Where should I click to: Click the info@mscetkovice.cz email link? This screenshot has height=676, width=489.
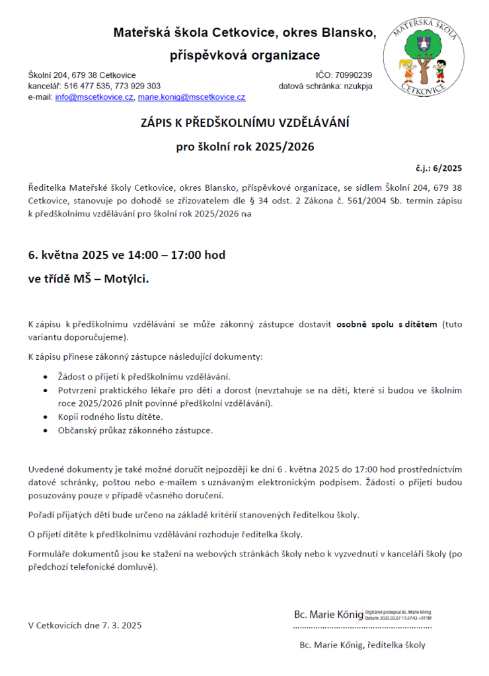pyautogui.click(x=94, y=97)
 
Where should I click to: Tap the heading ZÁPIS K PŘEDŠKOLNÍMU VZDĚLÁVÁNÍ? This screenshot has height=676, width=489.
pyautogui.click(x=245, y=123)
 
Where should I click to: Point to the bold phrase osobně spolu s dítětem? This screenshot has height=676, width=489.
pyautogui.click(x=387, y=324)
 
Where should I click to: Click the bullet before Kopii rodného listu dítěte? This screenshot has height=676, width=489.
pyautogui.click(x=44, y=417)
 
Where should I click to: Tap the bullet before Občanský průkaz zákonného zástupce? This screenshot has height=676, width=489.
pyautogui.click(x=44, y=430)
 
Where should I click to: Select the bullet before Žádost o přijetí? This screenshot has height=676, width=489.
pyautogui.click(x=44, y=377)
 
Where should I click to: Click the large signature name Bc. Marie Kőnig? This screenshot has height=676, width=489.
pyautogui.click(x=328, y=615)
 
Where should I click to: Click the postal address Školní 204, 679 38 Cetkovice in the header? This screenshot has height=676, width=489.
pyautogui.click(x=82, y=75)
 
